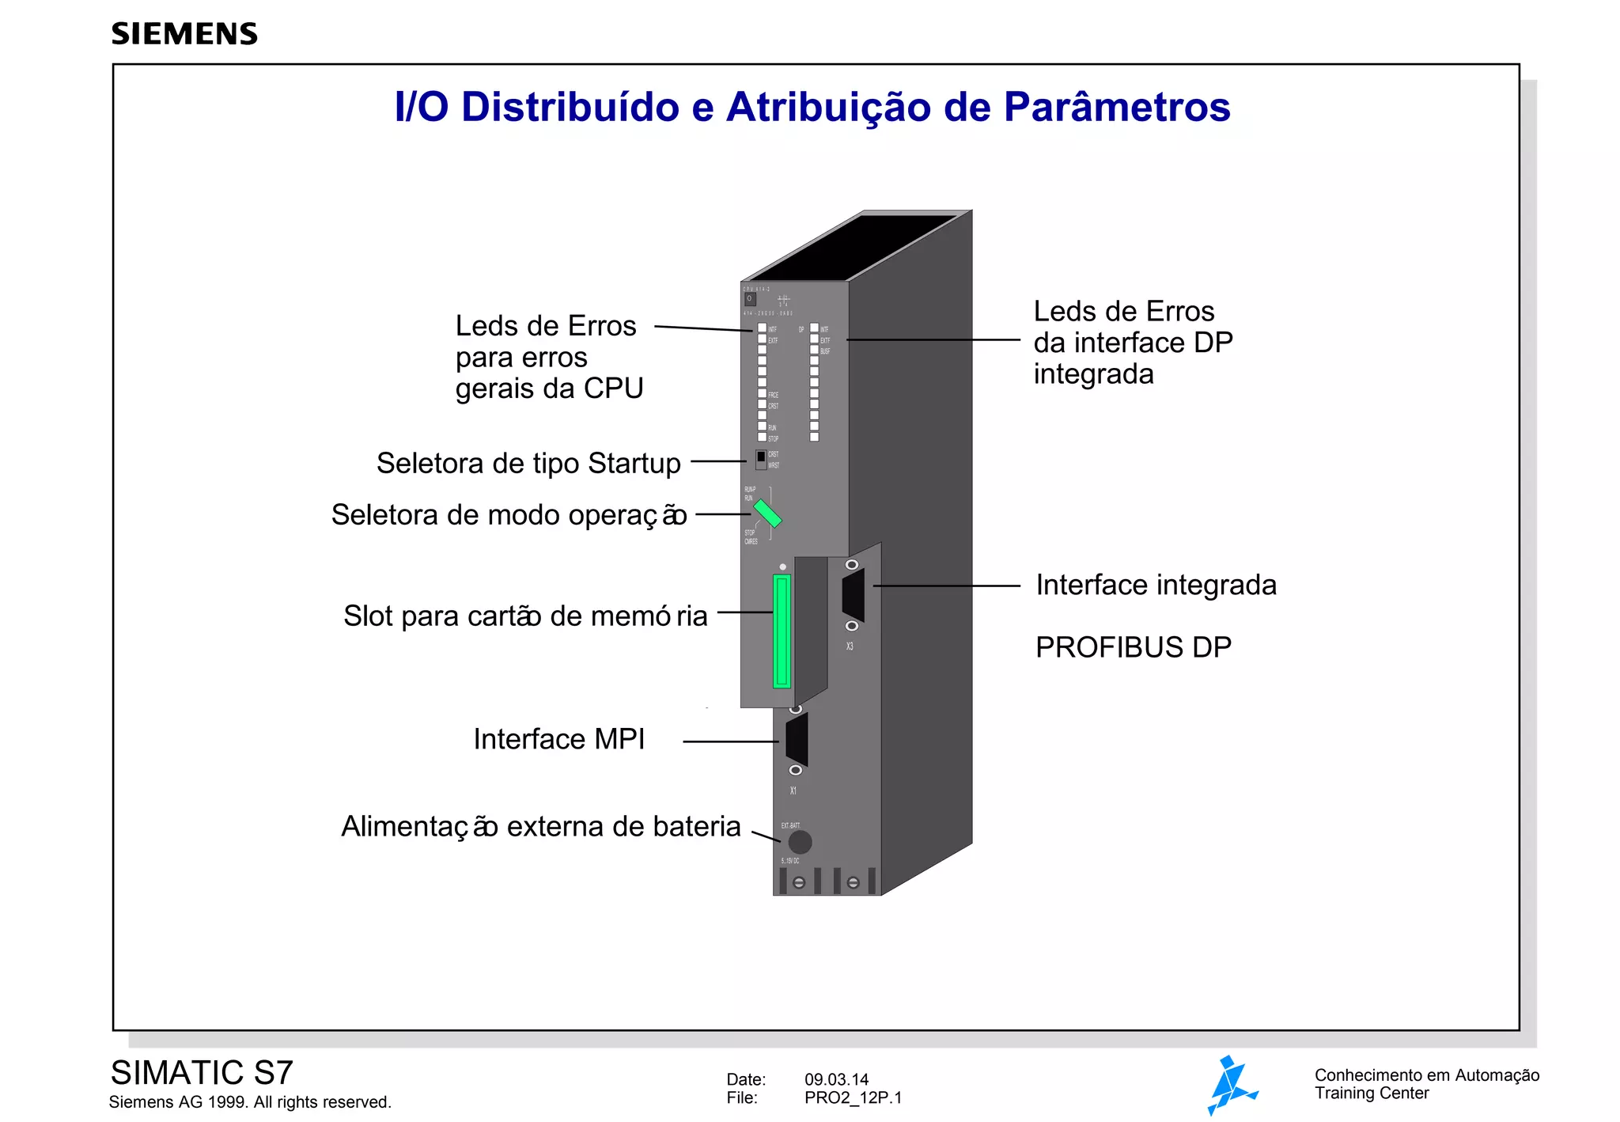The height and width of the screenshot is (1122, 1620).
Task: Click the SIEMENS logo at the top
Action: click(184, 34)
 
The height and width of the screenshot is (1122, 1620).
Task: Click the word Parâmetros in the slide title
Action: click(1117, 108)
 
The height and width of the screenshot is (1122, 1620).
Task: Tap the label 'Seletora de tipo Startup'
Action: click(528, 463)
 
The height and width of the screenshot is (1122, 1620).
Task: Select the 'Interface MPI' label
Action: click(559, 739)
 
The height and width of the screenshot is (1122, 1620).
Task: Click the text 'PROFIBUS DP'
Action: click(1134, 647)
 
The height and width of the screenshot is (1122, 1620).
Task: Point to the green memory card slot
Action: click(782, 631)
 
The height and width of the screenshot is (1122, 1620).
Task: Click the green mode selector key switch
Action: click(767, 513)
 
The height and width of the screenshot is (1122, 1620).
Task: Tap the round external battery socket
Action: click(800, 842)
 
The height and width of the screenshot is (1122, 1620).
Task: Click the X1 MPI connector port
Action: click(797, 740)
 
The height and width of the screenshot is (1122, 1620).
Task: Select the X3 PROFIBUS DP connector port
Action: click(853, 595)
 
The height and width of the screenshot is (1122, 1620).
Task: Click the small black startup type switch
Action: click(761, 457)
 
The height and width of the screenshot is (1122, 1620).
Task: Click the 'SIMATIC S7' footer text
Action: click(202, 1073)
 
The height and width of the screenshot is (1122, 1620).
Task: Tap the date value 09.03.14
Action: click(836, 1079)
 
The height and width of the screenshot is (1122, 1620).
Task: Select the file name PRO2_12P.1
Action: click(853, 1097)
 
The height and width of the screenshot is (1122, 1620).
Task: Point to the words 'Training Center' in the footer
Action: click(1372, 1094)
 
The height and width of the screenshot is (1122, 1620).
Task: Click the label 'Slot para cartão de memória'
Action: click(525, 616)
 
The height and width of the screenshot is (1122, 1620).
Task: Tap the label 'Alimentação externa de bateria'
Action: click(541, 826)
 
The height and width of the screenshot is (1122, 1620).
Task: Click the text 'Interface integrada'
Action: click(1156, 585)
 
